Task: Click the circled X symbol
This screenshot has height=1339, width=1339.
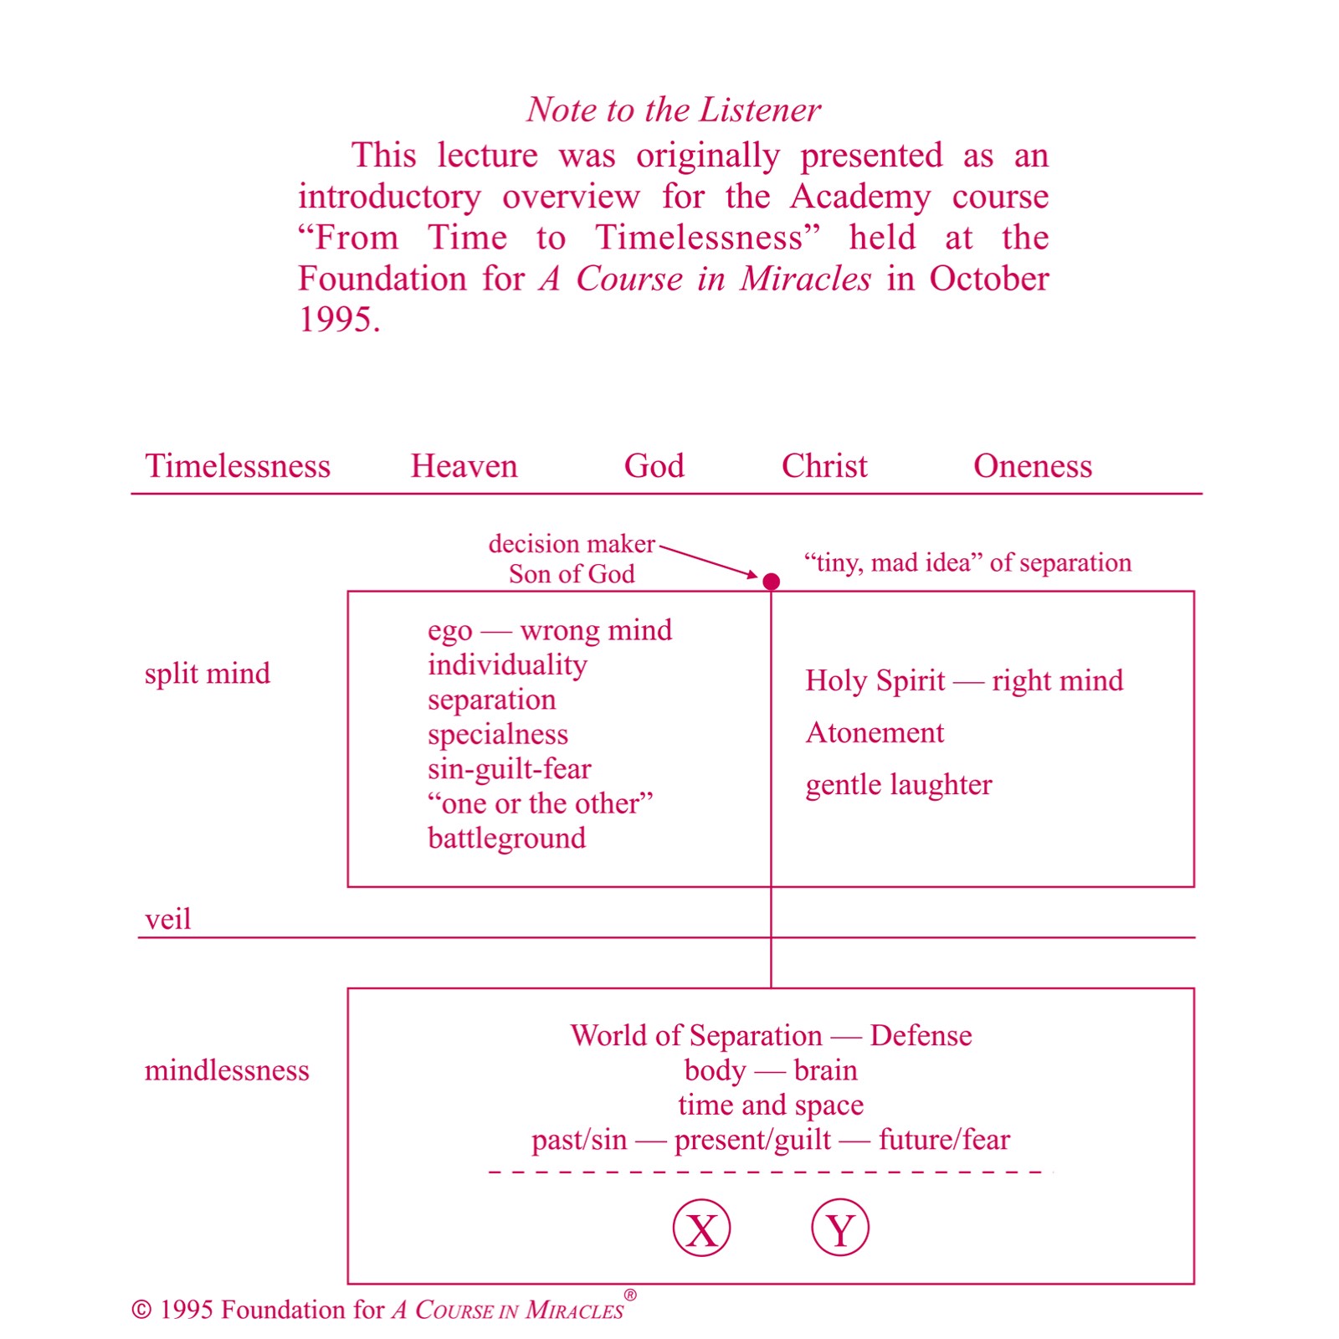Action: (701, 1229)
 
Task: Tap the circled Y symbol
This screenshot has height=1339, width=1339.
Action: (840, 1229)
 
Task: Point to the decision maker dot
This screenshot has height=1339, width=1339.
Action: (772, 581)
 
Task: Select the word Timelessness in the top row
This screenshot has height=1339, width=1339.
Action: (238, 466)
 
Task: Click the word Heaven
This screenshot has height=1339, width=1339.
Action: (464, 466)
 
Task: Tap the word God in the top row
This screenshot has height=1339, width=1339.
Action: (654, 466)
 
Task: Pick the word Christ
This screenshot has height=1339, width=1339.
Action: (824, 466)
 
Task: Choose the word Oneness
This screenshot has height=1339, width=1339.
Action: (1033, 466)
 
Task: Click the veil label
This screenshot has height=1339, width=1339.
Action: (167, 919)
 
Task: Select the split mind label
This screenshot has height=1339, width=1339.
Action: (207, 674)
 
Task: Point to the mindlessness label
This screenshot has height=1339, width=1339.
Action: (227, 1070)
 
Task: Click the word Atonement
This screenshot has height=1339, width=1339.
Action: (875, 733)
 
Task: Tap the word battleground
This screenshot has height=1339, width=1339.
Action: (506, 839)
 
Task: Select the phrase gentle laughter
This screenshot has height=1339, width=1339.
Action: (899, 785)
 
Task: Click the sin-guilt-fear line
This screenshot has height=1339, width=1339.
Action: (509, 769)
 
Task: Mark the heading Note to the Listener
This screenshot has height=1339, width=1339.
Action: (674, 110)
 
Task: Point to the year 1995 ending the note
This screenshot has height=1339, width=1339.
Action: (338, 320)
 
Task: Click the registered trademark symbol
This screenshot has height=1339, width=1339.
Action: (630, 1295)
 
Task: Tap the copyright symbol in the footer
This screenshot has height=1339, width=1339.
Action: (141, 1311)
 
